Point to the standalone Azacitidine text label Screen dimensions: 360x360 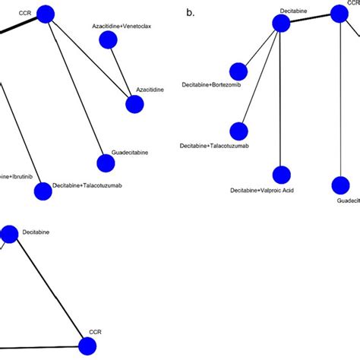(x=150, y=90)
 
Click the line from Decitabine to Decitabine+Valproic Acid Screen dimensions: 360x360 (x=281, y=99)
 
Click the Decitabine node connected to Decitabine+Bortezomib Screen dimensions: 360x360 (x=281, y=24)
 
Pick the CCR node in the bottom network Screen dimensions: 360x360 (x=88, y=346)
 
